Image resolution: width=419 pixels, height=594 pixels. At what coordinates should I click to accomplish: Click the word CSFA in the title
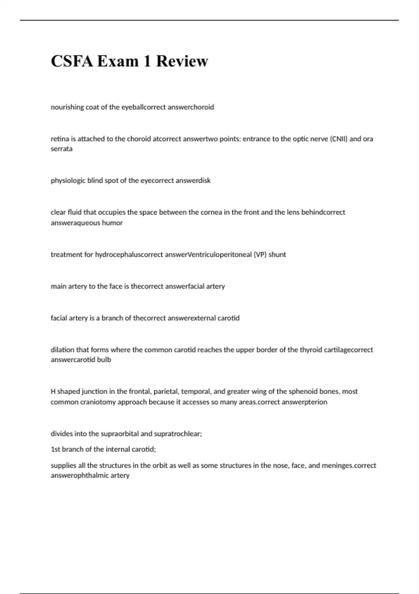(72, 61)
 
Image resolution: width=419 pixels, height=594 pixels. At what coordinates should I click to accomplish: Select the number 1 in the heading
(147, 61)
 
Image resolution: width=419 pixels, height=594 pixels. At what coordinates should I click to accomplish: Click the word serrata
(61, 149)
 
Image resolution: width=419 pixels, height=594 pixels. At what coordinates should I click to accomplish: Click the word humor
(112, 223)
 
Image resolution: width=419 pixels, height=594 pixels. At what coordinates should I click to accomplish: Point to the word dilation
(63, 350)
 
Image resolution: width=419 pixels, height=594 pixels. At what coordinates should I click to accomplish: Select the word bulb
(104, 360)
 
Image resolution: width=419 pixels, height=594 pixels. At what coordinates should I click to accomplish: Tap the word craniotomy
(98, 402)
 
